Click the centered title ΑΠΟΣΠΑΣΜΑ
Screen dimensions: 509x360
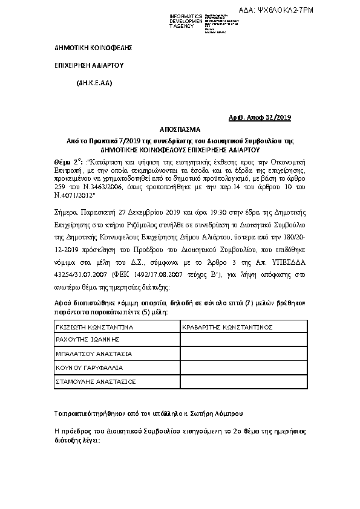coord(179,129)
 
